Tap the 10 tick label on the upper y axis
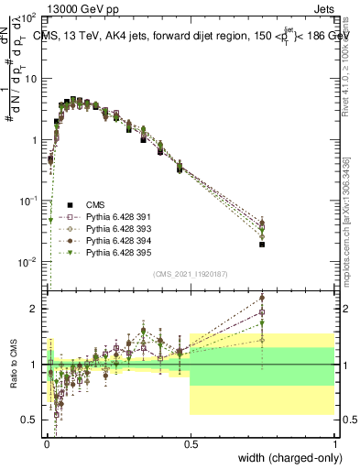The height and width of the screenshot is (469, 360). [30, 79]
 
